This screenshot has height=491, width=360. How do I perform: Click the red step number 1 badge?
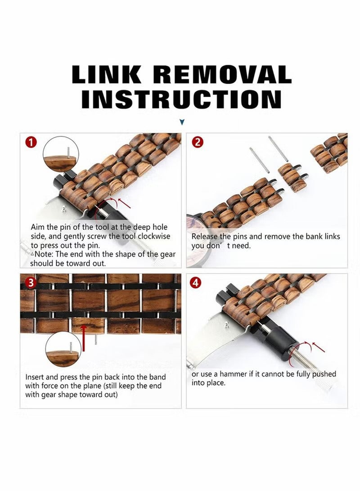coord(31,143)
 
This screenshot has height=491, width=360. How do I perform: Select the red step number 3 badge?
coord(31,283)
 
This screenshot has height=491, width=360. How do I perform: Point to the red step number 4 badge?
coord(196,283)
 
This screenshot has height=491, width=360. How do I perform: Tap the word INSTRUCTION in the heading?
coord(181,99)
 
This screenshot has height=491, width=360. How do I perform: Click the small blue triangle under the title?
coord(182,122)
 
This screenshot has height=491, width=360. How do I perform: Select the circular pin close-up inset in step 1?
coord(61,154)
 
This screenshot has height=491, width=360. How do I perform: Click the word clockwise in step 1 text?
coord(154,236)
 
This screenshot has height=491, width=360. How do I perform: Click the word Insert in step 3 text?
coord(35,377)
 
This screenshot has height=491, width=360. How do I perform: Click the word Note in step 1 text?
coord(43,254)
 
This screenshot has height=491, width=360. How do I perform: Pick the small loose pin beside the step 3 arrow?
coord(96,340)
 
